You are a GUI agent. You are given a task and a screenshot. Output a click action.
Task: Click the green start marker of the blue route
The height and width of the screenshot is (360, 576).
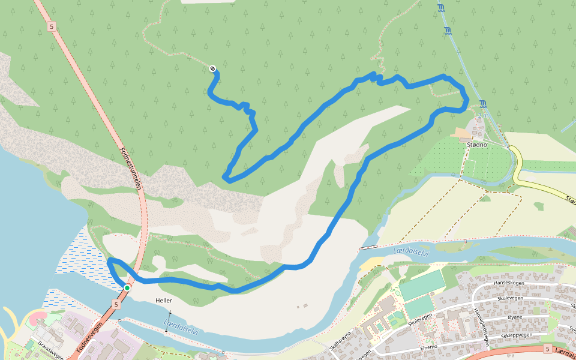pos(127,288)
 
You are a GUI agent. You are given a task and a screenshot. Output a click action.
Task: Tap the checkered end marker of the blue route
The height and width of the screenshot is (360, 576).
pos(212,69)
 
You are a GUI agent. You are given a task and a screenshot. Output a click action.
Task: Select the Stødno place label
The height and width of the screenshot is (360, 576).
pos(476,145)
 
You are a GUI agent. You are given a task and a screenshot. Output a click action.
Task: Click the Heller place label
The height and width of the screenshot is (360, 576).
pos(163,300)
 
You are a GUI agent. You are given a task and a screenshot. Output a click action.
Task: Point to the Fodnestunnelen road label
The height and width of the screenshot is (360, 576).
pos(130,169)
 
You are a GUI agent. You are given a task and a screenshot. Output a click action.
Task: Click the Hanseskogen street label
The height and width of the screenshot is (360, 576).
pos(509,284)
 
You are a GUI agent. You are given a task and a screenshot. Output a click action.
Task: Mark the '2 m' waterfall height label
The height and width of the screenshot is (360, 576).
pos(484,115)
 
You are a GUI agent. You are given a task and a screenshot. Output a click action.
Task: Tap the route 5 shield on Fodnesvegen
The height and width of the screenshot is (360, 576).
pos(116,305)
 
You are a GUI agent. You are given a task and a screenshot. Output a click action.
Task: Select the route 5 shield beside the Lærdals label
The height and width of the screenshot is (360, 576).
pos(548,349)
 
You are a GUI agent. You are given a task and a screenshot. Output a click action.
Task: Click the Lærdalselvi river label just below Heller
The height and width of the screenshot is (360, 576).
pos(181,327)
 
